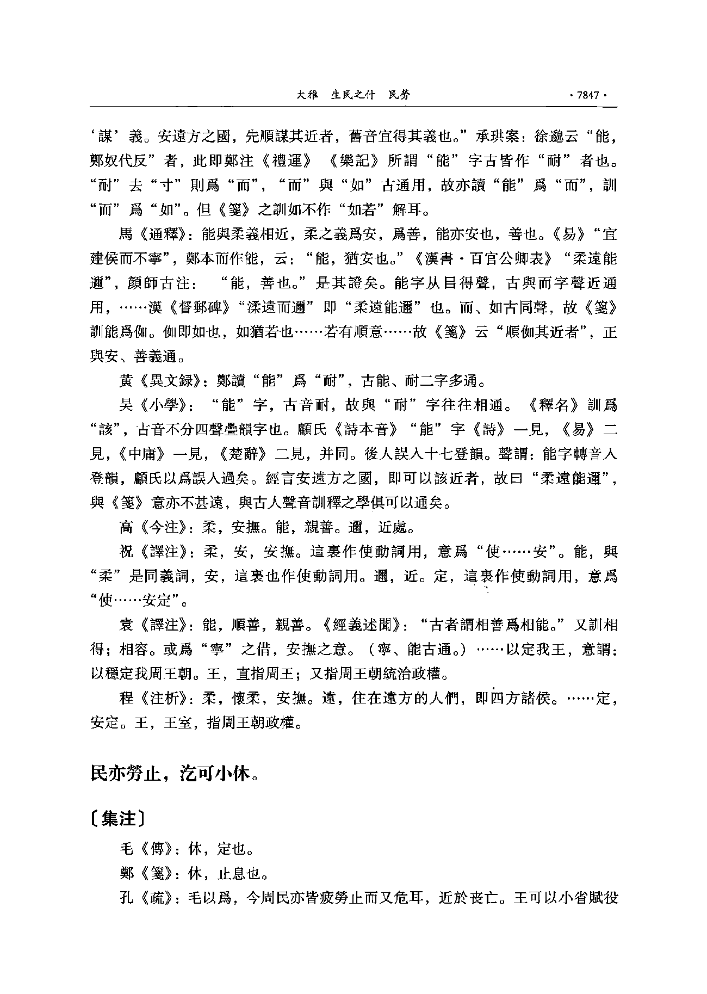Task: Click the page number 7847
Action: [x=587, y=95]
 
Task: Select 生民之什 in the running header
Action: [x=353, y=95]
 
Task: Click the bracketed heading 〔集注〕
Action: [x=117, y=818]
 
